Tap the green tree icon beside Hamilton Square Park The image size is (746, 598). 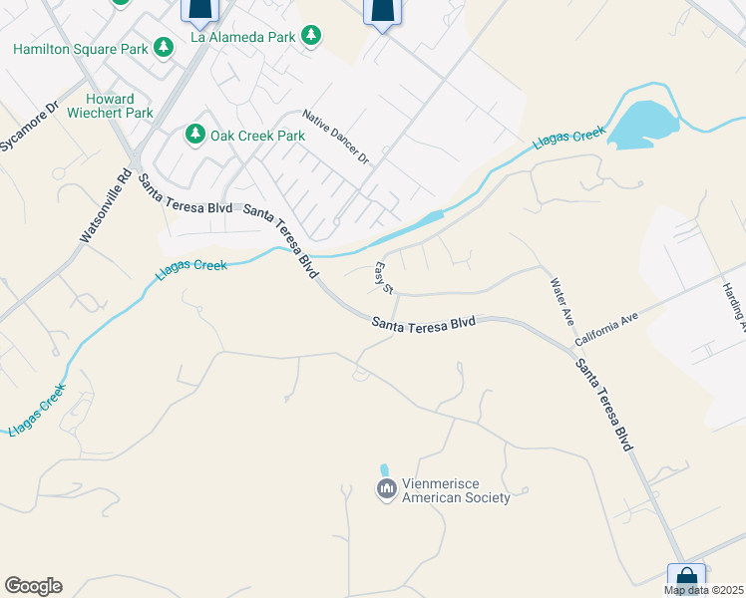coord(164,48)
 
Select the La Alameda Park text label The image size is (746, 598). coord(243,37)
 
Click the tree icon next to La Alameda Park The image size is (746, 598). coord(311,36)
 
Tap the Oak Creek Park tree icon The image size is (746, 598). coord(195,135)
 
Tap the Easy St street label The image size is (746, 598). coord(384,278)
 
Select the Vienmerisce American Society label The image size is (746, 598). coord(456,491)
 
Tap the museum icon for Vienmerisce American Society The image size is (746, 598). coord(386,489)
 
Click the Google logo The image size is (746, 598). coord(33,586)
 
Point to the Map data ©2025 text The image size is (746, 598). coord(703,590)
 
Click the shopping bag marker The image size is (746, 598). coord(686,578)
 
